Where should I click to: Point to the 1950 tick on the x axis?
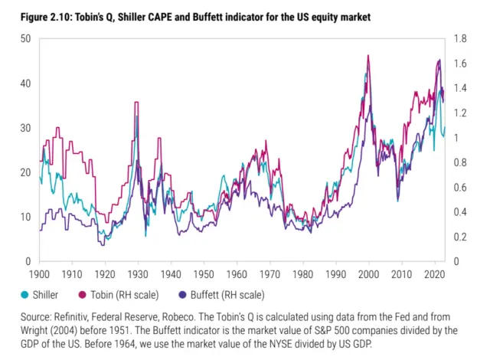click(204, 273)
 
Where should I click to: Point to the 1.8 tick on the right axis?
click(461, 38)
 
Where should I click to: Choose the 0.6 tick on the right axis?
click(461, 187)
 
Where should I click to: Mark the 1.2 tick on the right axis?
click(461, 113)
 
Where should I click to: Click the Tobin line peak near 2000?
click(368, 56)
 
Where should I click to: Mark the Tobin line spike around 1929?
click(136, 103)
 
